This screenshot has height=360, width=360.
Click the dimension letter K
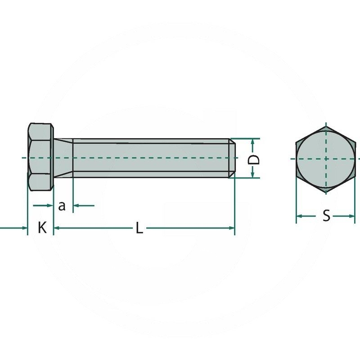click(42, 228)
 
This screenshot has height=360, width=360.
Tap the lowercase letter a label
click(63, 206)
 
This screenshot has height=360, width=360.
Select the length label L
click(139, 229)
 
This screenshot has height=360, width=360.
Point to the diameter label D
click(254, 159)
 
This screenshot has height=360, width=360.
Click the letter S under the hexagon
click(326, 216)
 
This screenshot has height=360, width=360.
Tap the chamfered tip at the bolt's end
click(232, 158)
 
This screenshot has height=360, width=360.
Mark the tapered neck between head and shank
click(63, 157)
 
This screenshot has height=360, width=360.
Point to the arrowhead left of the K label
click(25, 228)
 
